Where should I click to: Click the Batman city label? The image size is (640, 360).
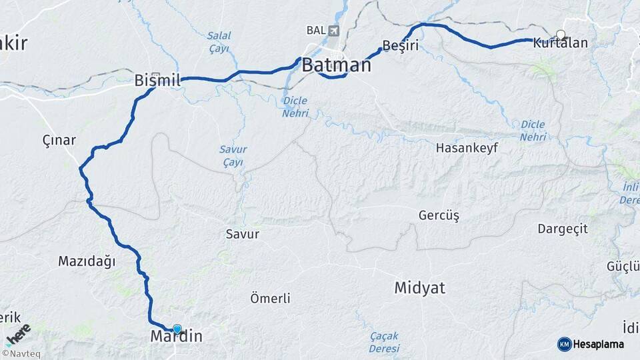coord(336,65)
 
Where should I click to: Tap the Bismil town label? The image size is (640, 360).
coord(157,81)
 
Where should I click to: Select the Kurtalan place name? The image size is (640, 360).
coord(560,43)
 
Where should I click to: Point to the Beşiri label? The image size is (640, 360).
coord(400,46)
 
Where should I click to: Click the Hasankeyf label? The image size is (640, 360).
coord(467,147)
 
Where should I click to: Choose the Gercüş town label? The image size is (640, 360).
coord(439,215)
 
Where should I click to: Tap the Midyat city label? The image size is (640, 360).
coord(419,288)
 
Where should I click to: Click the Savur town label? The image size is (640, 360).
coord(242,234)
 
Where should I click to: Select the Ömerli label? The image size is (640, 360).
coord(270,298)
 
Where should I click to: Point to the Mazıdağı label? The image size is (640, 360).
coord(87,261)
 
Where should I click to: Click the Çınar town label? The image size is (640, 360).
coord(59,140)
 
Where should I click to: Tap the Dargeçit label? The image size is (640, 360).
coord(563,229)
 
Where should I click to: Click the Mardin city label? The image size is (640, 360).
coord(176,337)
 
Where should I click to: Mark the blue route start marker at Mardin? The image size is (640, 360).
coord(177,329)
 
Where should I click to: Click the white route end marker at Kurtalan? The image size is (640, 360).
coord(561,35)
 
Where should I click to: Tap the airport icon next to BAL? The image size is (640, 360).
coord(333,31)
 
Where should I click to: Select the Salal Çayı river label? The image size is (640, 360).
coord(218,41)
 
